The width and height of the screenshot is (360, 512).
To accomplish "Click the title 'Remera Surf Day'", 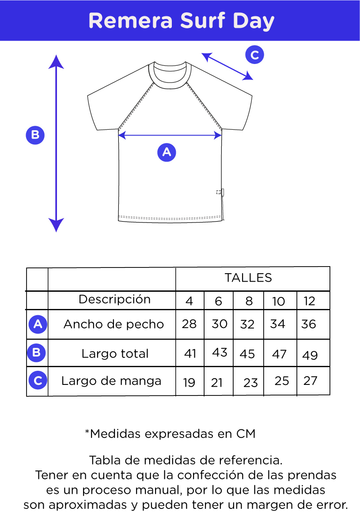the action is tap(181, 21).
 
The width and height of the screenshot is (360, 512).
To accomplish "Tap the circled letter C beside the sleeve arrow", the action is tap(254, 55).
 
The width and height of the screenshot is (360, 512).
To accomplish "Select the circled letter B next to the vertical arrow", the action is tap(35, 135).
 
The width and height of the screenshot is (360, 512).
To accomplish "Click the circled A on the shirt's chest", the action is tap(167, 152).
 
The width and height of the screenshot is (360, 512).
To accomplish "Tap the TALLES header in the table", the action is tap(248, 278).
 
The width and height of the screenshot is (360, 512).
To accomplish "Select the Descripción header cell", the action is tap(115, 299).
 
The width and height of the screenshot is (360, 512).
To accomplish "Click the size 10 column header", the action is tap(279, 301).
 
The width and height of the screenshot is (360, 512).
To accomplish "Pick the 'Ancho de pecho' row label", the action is tap(114, 324).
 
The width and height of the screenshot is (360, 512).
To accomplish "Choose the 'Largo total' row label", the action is tap(115, 354).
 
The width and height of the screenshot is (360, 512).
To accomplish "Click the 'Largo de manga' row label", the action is tap(111, 381).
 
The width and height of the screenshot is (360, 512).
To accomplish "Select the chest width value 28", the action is tap(189, 324).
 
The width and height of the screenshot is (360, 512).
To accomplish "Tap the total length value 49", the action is tap(310, 355).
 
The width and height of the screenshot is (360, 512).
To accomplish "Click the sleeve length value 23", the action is tap(250, 383).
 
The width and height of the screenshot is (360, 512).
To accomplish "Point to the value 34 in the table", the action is tap(278, 324).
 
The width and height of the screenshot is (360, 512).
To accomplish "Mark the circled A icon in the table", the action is tap(38, 324).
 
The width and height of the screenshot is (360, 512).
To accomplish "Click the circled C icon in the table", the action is tap(38, 381).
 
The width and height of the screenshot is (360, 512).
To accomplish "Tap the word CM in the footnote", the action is tap(246, 434).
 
